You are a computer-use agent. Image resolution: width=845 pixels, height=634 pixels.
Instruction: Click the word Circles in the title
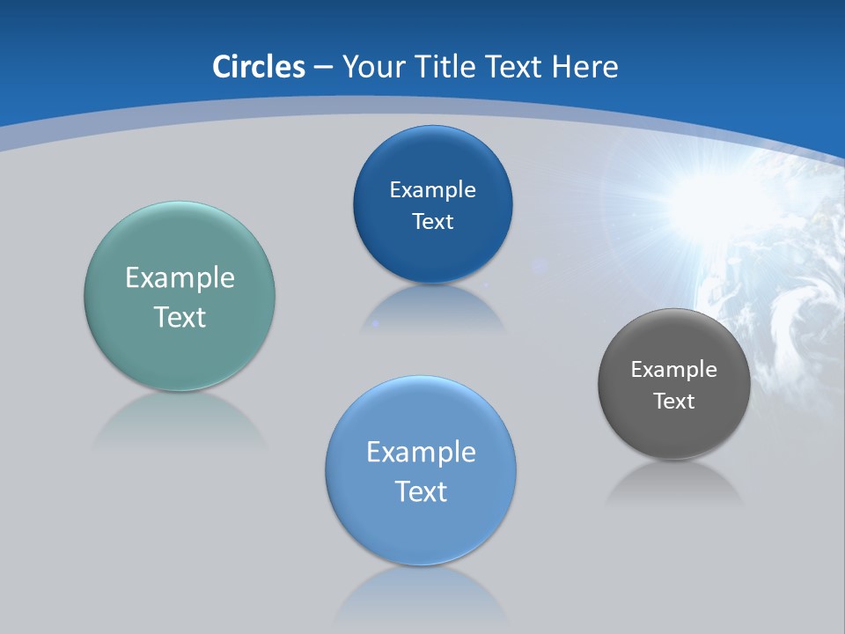coord(259,67)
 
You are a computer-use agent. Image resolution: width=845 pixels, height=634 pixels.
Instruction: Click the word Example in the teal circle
coord(180,278)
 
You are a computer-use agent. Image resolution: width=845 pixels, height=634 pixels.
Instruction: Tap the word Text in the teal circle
coord(180,317)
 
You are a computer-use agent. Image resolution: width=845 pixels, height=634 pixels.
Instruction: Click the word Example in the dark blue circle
coord(432,190)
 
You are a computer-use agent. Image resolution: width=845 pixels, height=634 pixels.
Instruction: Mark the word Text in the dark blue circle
coord(432,222)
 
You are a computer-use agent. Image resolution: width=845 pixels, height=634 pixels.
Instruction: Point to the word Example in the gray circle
coord(674,370)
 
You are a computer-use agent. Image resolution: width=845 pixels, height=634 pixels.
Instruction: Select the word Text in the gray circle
coord(674,402)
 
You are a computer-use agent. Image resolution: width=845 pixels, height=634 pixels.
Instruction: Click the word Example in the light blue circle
coord(421,453)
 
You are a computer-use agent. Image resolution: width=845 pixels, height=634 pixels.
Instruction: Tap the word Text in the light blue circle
coord(421,491)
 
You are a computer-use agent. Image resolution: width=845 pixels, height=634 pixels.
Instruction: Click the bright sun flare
coord(695,198)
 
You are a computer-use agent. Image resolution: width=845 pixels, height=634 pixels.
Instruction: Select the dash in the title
coord(323,67)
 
